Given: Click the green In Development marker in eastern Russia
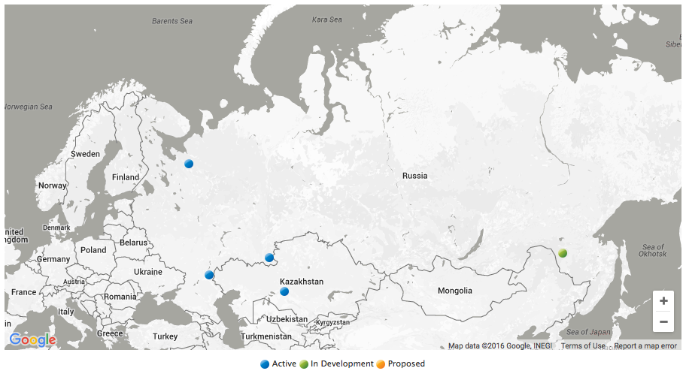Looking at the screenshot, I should coord(561,253).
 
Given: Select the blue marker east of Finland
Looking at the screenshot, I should coord(189,164).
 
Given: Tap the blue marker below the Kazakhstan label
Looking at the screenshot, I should coord(284,291).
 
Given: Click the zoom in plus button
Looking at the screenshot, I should coord(663,301).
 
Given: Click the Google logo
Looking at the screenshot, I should coord(33,340).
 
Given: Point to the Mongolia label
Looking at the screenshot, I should coord(455,291).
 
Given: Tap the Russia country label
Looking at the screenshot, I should coord(414,176).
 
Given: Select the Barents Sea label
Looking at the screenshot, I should coord(172,21).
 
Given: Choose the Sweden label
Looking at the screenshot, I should coord(85,154).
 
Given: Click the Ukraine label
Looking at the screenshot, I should coord(147,272).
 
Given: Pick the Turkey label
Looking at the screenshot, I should coord(165,336).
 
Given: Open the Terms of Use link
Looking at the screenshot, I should coord(583,346).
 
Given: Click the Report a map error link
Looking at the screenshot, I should coord(645,346).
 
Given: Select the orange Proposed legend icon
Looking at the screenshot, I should coord(381,364).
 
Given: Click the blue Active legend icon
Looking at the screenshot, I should coord(265,364).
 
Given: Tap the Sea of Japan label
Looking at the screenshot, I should coord(588,332).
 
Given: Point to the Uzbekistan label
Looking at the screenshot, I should coord(287,319).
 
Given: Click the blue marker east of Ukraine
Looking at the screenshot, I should coord(210,275).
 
